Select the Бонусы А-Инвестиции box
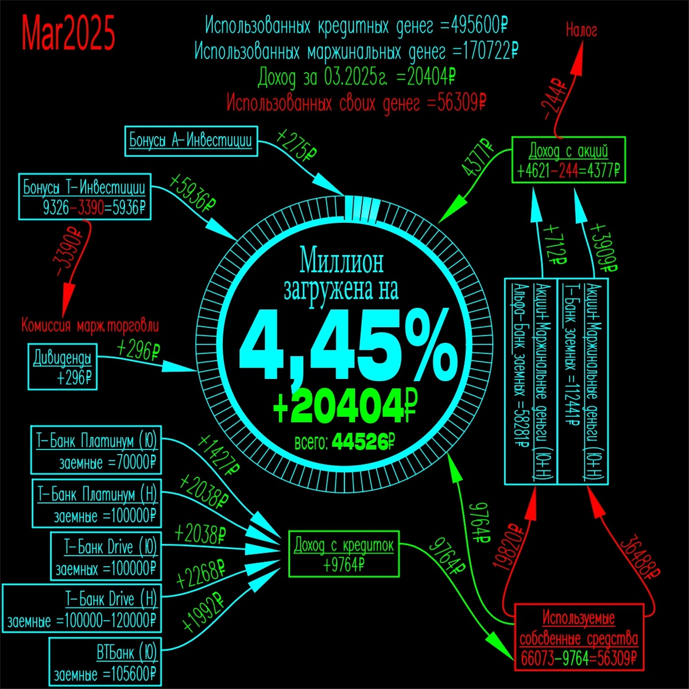(x=191, y=141)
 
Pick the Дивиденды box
(x=63, y=367)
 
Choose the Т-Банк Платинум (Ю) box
(x=96, y=451)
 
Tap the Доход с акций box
(x=568, y=160)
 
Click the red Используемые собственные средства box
(x=579, y=637)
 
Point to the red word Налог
(x=581, y=30)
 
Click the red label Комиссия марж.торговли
(x=90, y=326)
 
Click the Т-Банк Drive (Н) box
(x=82, y=609)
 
